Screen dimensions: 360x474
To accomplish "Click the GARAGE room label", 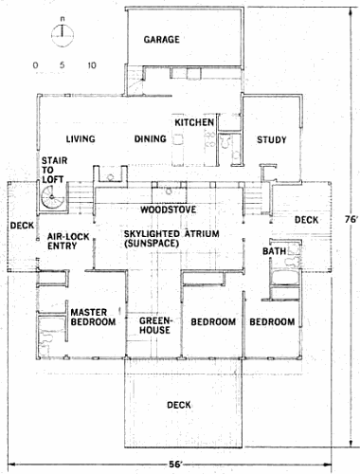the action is pos(161,40).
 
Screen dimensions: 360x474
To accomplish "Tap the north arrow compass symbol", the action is pos(63,34).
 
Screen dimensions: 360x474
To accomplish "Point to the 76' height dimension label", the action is pos(351,219).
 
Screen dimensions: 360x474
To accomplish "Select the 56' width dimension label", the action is pos(176,465).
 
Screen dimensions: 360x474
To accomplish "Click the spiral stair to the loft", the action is pos(52,197).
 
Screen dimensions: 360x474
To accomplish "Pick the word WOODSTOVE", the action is pos(169,210).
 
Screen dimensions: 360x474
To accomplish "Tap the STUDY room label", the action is pos(271,139).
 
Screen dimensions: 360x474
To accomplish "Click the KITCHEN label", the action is pos(194,122).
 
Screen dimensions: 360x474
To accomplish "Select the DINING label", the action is pos(151,138).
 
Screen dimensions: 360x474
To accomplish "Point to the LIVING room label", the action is pos(81,138).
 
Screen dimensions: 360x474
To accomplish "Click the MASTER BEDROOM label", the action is pos(93,318).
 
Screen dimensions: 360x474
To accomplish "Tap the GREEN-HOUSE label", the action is pos(155,325).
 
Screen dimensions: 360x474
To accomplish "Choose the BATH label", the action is pos(275,251).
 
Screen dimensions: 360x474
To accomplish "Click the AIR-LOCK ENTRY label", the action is pos(68,241).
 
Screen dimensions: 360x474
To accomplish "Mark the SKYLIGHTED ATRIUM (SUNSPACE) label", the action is pos(171,239).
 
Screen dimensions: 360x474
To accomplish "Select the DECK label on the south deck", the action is pos(179,405).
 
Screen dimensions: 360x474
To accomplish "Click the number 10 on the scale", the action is pos(92,65).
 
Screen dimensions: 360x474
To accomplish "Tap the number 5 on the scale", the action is pos(62,65).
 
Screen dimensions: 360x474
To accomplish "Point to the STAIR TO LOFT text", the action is pos(54,170).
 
